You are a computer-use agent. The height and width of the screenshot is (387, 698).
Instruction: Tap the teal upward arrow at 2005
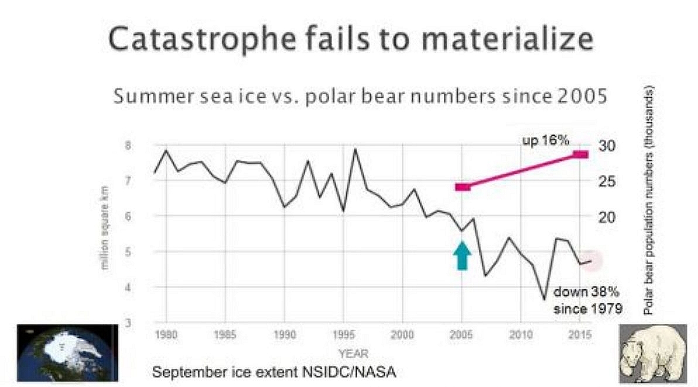pyautogui.click(x=462, y=256)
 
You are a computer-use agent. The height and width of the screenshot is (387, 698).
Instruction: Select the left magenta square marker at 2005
pyautogui.click(x=463, y=187)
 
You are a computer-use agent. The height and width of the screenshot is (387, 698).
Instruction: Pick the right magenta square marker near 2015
pyautogui.click(x=580, y=155)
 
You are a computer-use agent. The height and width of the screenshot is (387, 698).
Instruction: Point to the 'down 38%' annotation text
pyautogui.click(x=586, y=292)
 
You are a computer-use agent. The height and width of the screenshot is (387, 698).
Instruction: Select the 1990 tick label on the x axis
pyautogui.click(x=284, y=335)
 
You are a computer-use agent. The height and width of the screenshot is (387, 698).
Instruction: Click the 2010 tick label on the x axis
pyautogui.click(x=520, y=335)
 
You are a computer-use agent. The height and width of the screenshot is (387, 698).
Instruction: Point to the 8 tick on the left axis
pyautogui.click(x=144, y=145)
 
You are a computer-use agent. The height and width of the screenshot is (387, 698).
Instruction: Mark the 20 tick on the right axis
pyautogui.click(x=606, y=217)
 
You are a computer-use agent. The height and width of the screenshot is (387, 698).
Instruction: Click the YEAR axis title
pyautogui.click(x=353, y=353)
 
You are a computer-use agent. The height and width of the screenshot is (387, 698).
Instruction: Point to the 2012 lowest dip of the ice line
pyautogui.click(x=544, y=300)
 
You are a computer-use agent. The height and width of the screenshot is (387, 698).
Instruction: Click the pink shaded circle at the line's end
pyautogui.click(x=592, y=261)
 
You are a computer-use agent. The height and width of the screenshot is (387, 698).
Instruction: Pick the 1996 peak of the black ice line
pyautogui.click(x=355, y=149)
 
